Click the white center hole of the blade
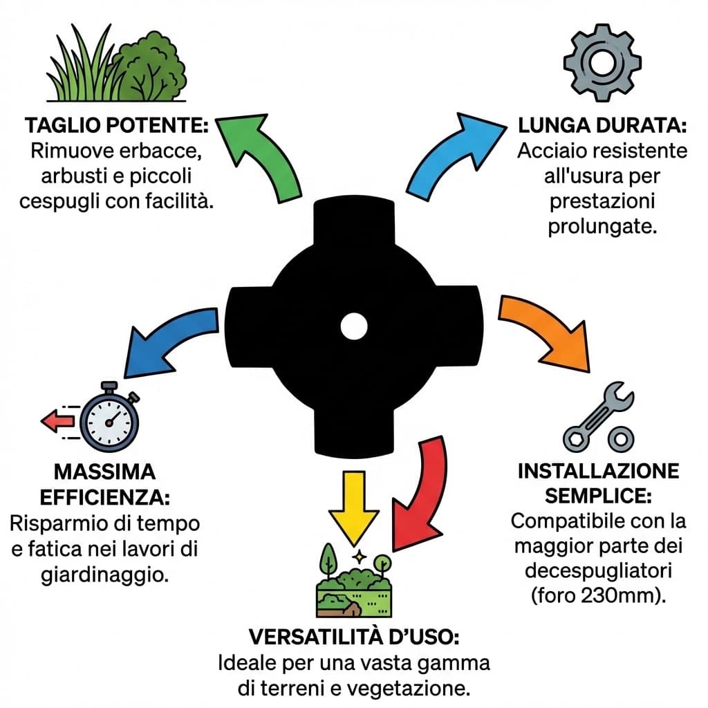[x=353, y=326]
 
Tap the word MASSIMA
[x=104, y=473]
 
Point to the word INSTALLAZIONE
[x=598, y=472]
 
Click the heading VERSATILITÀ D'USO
[x=353, y=636]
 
